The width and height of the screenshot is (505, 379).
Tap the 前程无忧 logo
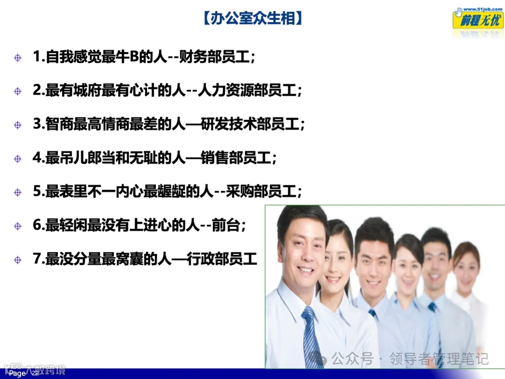coord(477,21)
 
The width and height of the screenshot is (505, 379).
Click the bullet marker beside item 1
coord(18,58)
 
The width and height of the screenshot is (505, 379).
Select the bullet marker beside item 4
coord(18,159)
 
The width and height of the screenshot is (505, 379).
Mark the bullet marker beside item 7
coord(18,260)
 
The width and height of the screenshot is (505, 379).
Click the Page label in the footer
coord(18,373)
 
